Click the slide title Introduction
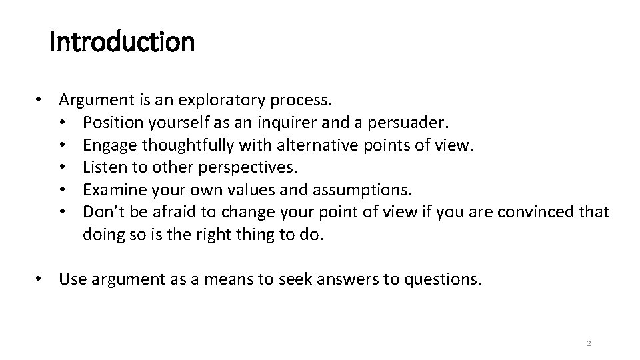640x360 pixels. [x=122, y=43]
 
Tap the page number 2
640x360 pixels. [x=589, y=343]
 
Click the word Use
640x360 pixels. [x=71, y=279]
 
